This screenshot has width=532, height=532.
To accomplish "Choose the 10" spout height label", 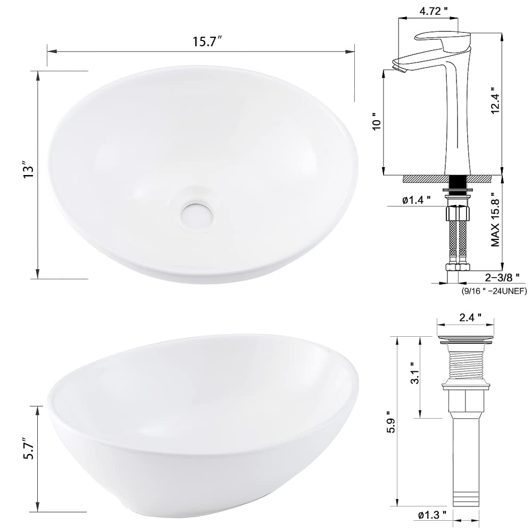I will coord(376,122).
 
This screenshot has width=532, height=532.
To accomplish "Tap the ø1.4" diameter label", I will coord(417,201).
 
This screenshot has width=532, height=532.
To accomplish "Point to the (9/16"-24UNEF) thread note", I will coord(494,290).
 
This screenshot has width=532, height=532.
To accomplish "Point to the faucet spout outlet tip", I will coord(396,65).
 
